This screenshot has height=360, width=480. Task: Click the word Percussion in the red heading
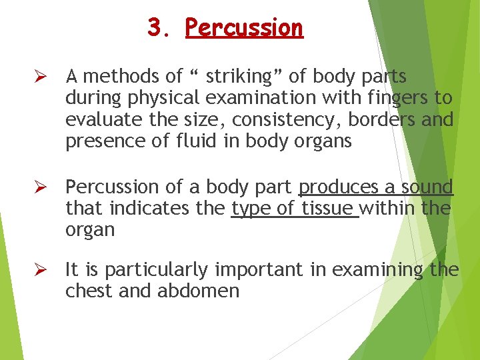point(244,28)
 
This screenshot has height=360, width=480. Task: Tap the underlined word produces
point(337,187)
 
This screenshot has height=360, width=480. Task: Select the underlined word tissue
point(327,209)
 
